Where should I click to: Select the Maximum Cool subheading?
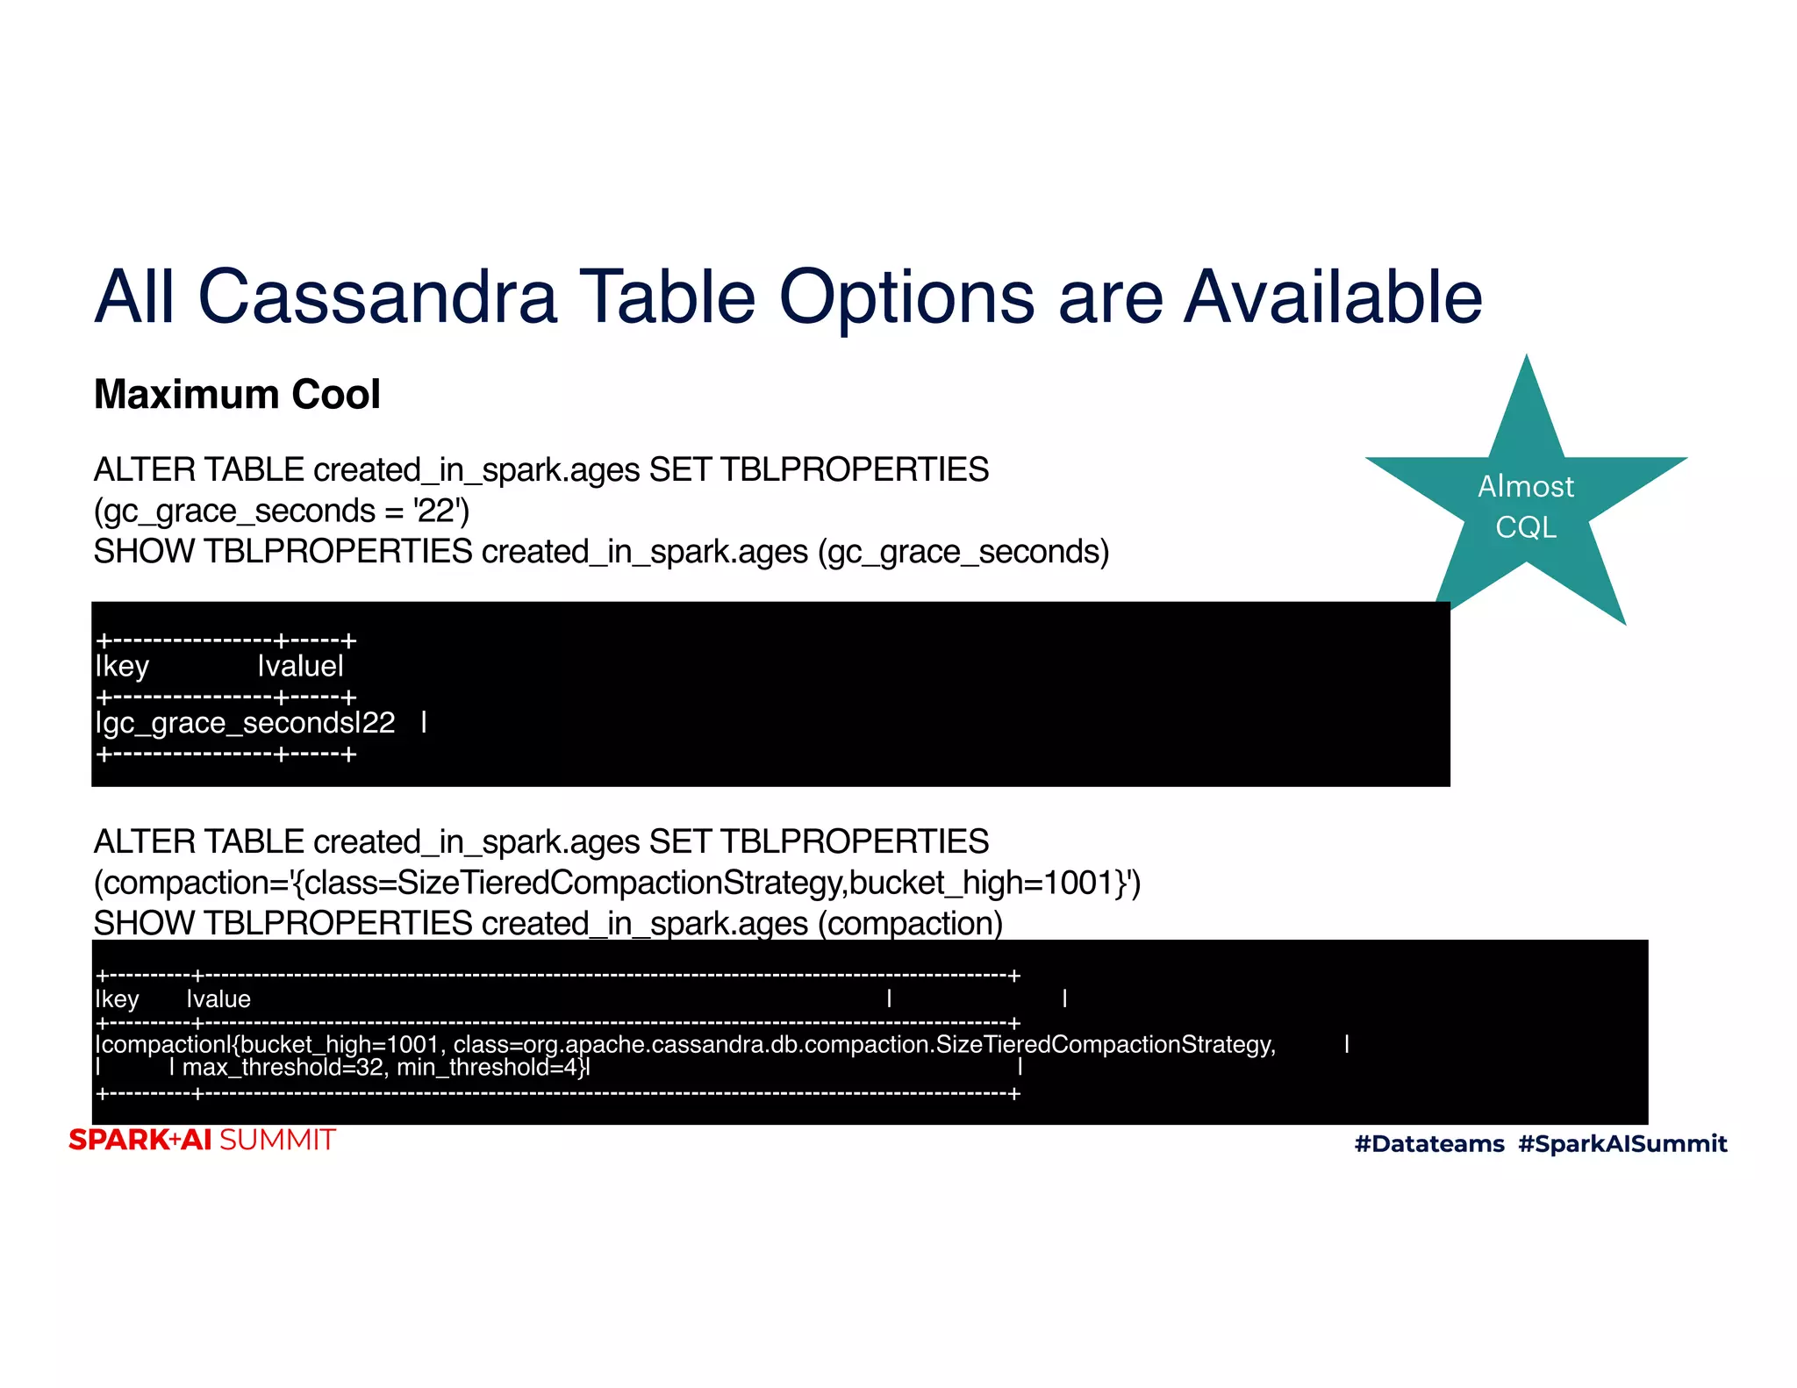click(x=237, y=394)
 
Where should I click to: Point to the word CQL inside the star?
click(x=1526, y=527)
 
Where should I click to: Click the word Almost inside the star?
click(x=1526, y=486)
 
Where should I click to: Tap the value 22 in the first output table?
click(x=378, y=723)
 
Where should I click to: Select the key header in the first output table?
click(x=124, y=667)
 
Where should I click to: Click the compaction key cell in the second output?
click(x=161, y=1044)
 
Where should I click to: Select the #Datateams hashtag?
click(x=1429, y=1143)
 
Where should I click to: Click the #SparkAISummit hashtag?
click(x=1622, y=1143)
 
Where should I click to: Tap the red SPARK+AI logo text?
click(x=140, y=1140)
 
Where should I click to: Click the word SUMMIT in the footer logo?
click(x=277, y=1140)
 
